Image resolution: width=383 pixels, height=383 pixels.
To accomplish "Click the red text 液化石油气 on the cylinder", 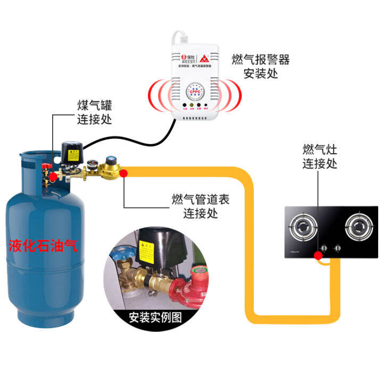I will [x=43, y=246].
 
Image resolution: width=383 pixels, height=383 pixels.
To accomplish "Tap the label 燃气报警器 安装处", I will [x=260, y=66].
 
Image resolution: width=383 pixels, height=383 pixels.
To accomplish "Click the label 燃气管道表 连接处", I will [x=201, y=207].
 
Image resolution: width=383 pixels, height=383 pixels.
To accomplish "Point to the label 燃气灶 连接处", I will [x=320, y=156].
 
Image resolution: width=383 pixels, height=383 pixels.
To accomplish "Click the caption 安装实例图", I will [x=155, y=318].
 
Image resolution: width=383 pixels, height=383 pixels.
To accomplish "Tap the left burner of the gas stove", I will [x=305, y=228].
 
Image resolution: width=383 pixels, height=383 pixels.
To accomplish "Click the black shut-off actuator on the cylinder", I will [x=72, y=152].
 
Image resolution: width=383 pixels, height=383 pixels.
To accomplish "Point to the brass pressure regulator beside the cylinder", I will [x=111, y=169].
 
